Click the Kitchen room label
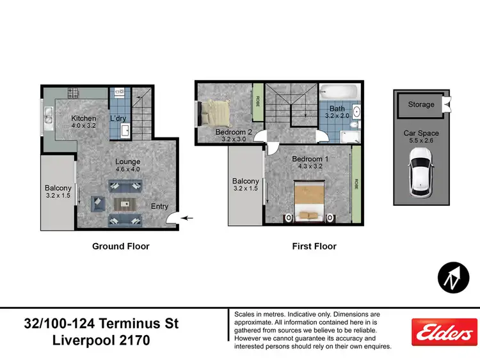tap(84, 119)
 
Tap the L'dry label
tap(118, 119)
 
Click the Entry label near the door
tap(159, 207)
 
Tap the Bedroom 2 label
tap(232, 132)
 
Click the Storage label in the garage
tap(421, 105)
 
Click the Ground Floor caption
tap(120, 246)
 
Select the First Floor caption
tap(314, 246)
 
